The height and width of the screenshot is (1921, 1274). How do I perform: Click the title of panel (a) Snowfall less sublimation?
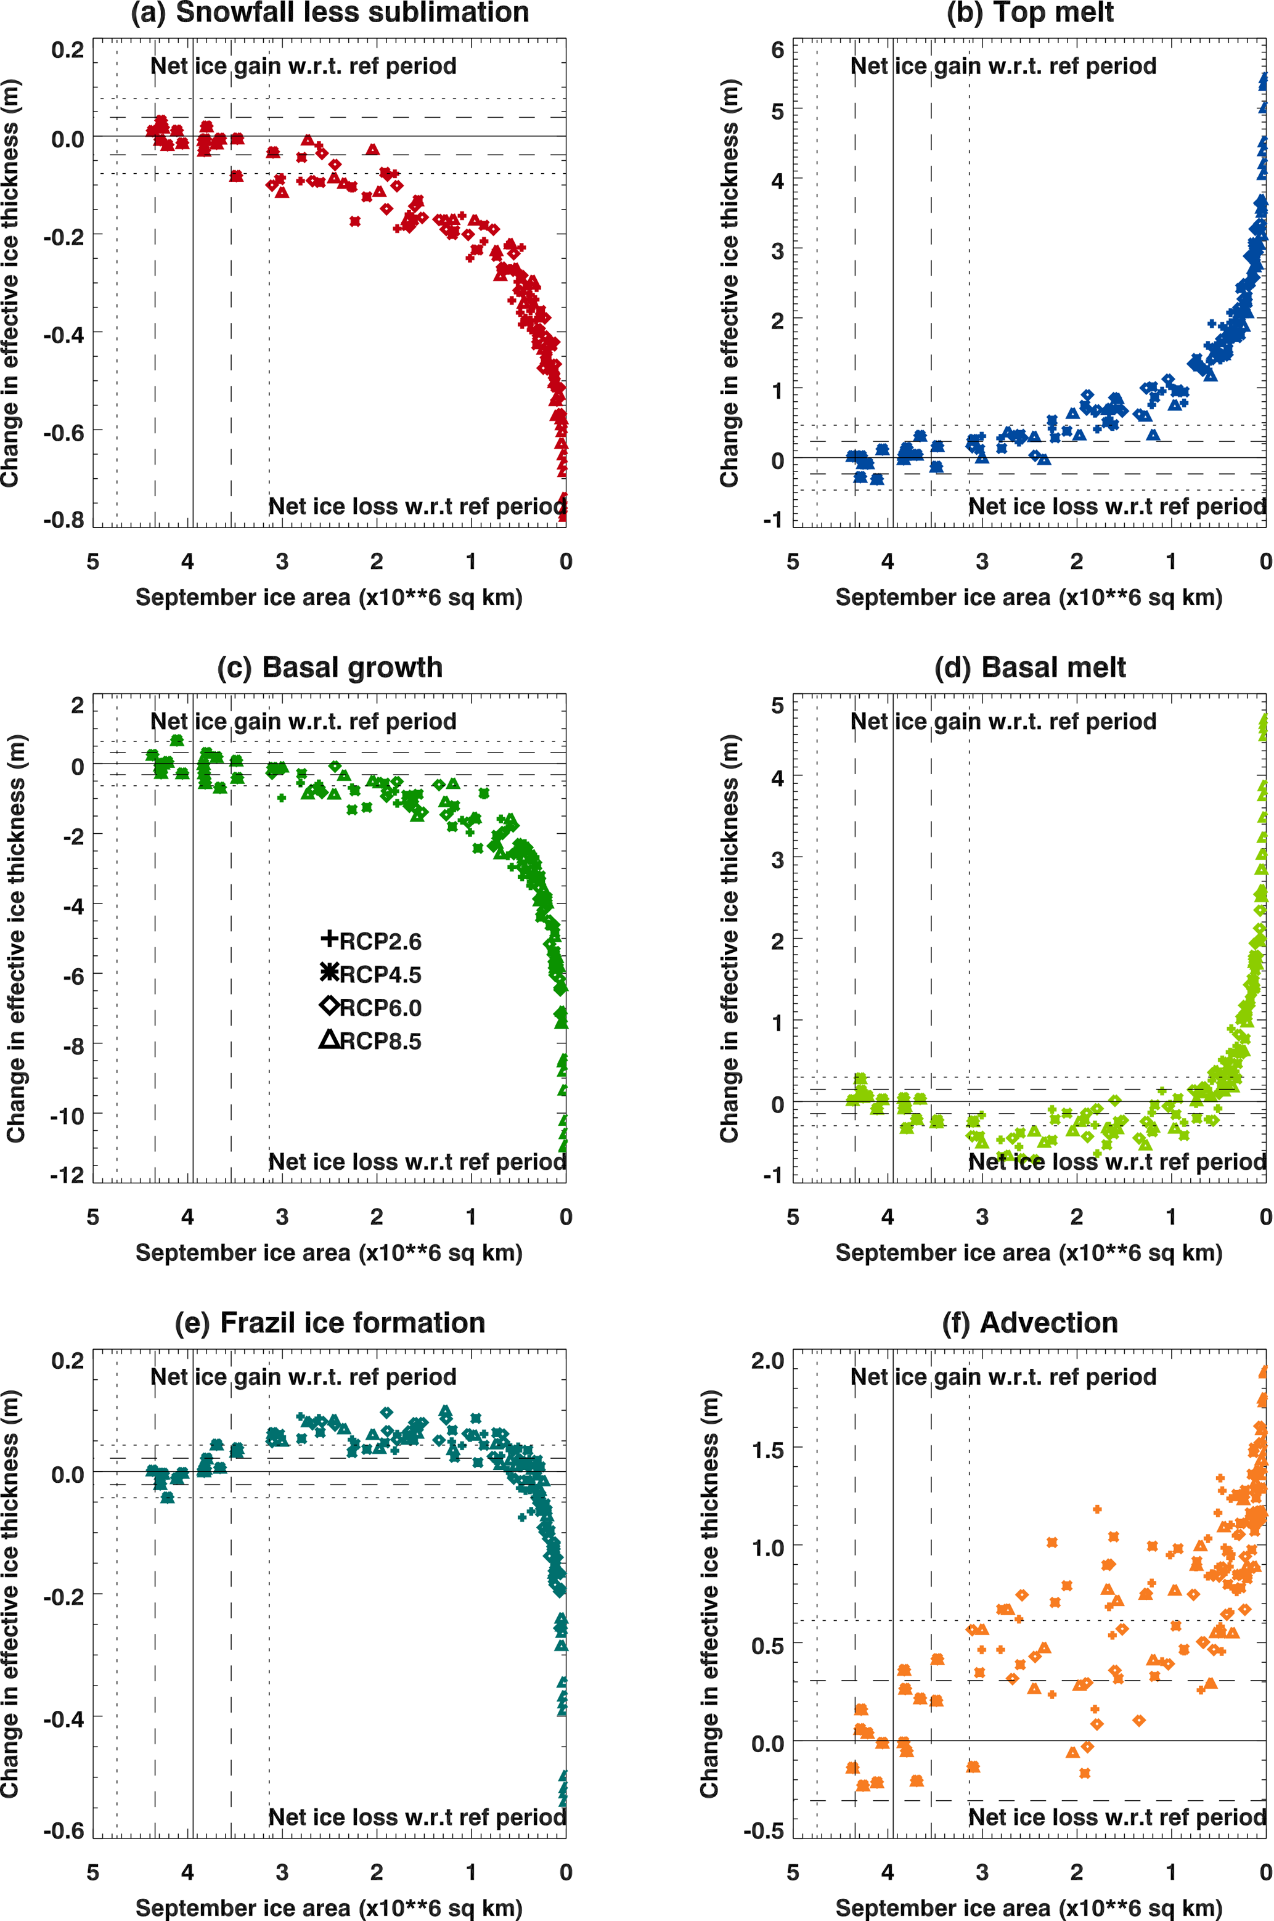coord(329,13)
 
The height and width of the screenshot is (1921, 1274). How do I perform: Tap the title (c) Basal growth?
coord(329,667)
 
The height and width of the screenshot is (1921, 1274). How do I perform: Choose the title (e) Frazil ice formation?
coord(329,1323)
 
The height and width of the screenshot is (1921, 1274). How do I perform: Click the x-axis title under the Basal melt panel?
coord(1029,1252)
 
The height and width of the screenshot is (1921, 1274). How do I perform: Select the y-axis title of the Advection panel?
coord(709,1592)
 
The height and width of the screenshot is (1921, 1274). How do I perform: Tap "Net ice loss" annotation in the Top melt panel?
coord(1117,507)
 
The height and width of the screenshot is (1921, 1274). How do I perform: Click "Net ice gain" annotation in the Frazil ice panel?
coord(303,1377)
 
